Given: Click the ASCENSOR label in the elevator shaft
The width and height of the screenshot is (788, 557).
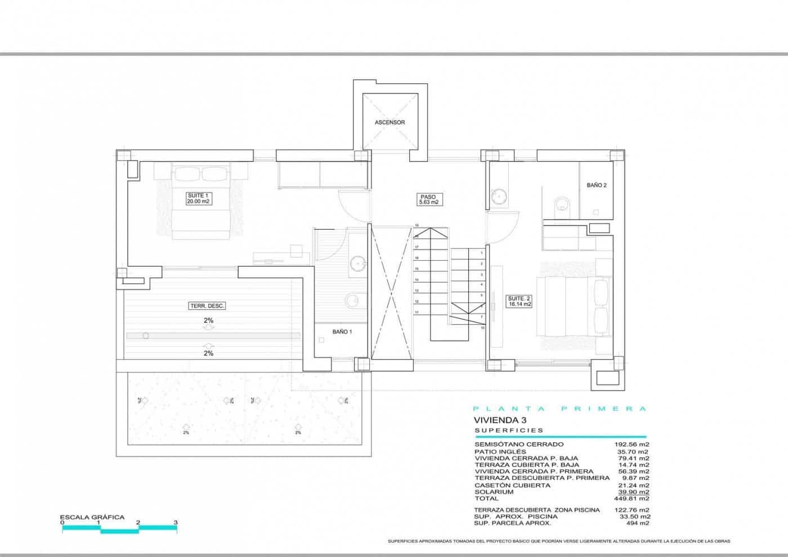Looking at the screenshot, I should pyautogui.click(x=389, y=122).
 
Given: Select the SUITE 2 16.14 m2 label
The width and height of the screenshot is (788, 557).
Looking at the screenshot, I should pyautogui.click(x=519, y=301).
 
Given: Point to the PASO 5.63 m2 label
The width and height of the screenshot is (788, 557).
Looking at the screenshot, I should pyautogui.click(x=428, y=199).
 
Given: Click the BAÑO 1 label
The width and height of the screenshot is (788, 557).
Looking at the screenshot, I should pyautogui.click(x=342, y=332).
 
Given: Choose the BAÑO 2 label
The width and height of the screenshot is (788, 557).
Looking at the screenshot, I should pyautogui.click(x=596, y=185).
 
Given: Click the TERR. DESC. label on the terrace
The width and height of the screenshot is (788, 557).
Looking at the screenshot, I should pyautogui.click(x=207, y=306).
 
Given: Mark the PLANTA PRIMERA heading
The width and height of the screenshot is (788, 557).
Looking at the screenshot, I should pyautogui.click(x=559, y=409).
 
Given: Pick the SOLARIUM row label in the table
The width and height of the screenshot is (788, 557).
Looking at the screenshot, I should pyautogui.click(x=494, y=492).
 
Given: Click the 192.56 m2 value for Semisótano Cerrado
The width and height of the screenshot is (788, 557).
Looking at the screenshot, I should pyautogui.click(x=632, y=444).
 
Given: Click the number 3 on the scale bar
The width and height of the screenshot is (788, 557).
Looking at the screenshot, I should pyautogui.click(x=176, y=523).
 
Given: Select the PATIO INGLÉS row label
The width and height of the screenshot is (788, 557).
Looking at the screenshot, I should pyautogui.click(x=500, y=451).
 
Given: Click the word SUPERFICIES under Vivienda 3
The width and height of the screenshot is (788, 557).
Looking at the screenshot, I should pyautogui.click(x=509, y=430).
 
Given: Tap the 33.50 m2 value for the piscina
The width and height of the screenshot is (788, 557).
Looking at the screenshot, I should pyautogui.click(x=635, y=516).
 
